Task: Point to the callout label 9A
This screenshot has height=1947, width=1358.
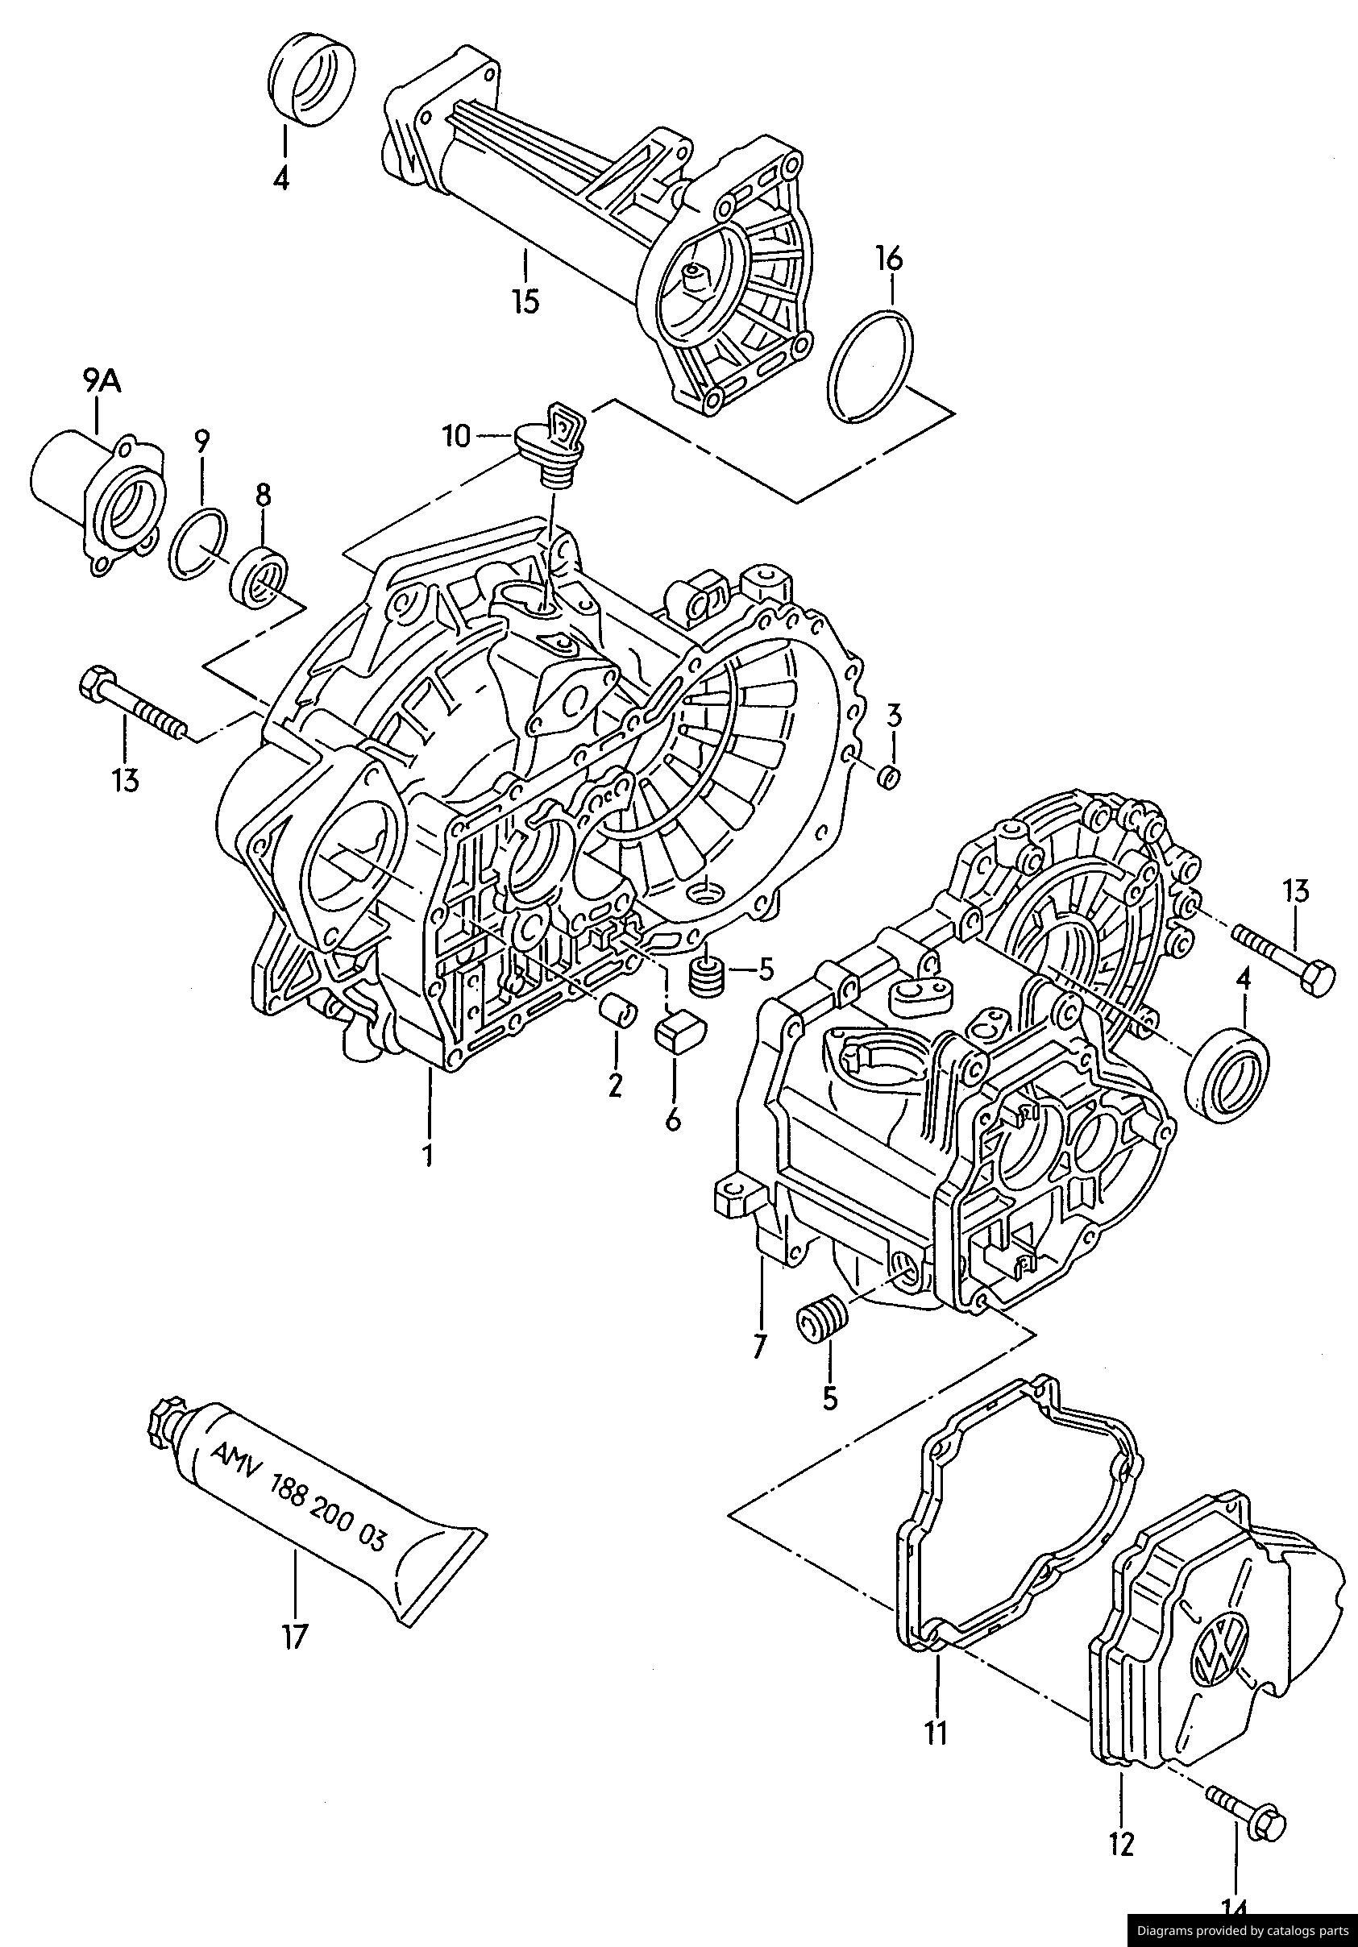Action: tap(102, 383)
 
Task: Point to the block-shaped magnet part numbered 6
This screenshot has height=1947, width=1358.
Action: tap(679, 1032)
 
